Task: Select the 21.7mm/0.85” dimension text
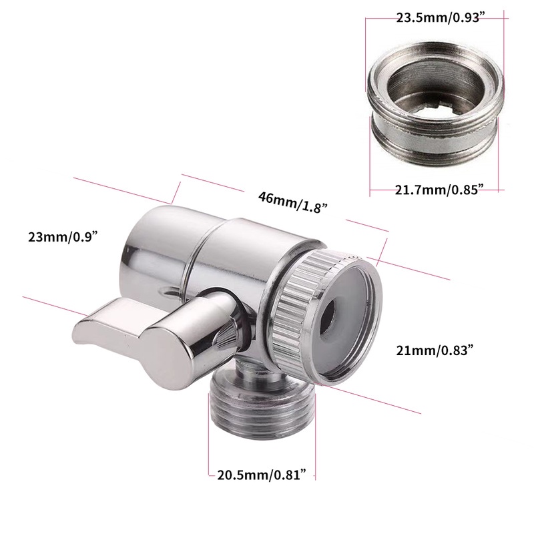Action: pos(439,190)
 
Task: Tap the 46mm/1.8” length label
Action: pos(293,202)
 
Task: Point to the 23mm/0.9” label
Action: pos(61,237)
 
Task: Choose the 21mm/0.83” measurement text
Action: pos(435,350)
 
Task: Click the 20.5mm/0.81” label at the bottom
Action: pos(262,475)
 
